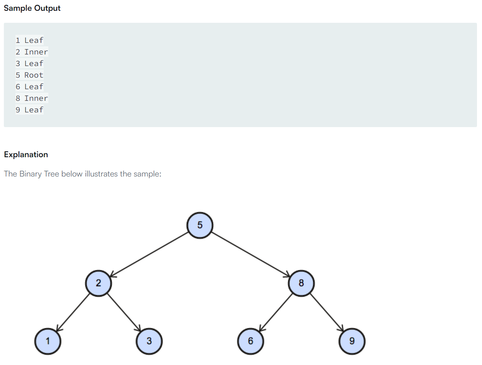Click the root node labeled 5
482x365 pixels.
coord(199,225)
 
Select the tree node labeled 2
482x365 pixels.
coord(98,283)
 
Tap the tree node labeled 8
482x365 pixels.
coord(301,283)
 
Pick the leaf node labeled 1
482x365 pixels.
coord(48,341)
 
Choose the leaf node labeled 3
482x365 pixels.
coord(149,341)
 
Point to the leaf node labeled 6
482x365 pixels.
coord(250,341)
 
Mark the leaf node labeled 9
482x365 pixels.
coord(352,341)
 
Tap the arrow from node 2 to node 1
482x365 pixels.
coord(73,312)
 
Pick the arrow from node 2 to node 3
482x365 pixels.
coord(124,312)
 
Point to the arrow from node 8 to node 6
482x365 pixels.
coord(276,312)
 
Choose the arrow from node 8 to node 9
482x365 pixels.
coord(327,312)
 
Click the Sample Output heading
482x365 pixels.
coord(32,8)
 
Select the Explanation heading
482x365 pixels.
coord(26,154)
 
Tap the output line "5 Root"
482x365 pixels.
coord(29,75)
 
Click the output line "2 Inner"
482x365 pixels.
coord(32,52)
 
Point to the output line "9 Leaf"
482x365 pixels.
coord(29,110)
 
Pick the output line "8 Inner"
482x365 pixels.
coord(32,98)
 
